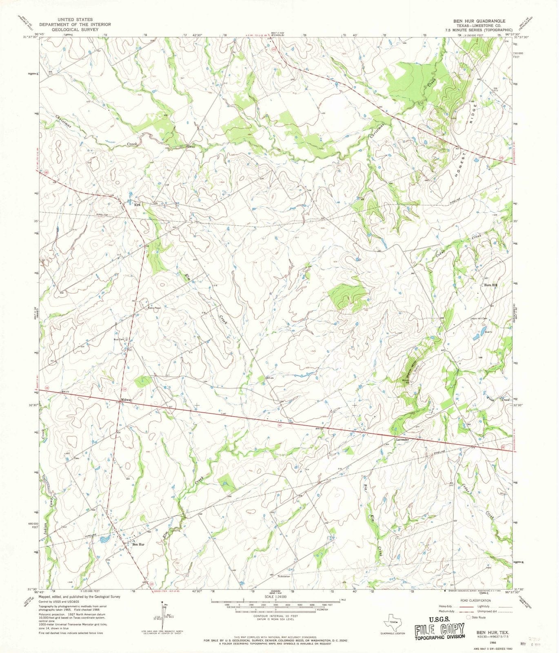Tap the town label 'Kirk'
(138, 204)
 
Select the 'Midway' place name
(126, 400)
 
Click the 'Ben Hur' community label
(138, 544)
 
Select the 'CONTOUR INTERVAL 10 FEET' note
(275, 616)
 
